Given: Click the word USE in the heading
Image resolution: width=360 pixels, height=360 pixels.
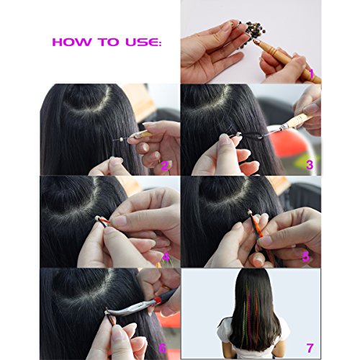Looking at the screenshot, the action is coord(142,42).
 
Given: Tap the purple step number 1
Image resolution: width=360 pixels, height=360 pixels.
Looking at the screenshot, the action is coord(312,74).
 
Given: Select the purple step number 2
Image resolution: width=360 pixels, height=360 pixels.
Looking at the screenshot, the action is coord(165,166).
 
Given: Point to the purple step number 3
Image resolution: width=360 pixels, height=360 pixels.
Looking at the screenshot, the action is coord(310,165).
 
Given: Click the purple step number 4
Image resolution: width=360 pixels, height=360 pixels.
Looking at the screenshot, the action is coord(166,257).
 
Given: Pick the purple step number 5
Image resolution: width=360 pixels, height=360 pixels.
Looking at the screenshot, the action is coord(306,257).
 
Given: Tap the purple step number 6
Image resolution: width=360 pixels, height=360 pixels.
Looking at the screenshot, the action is coord(163,348).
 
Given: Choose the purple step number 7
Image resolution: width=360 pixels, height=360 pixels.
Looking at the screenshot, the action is coord(310,348).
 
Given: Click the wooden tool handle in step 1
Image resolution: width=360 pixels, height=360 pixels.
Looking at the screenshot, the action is coord(288,59).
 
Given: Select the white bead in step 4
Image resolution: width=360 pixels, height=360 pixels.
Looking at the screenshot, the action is coord(97,218).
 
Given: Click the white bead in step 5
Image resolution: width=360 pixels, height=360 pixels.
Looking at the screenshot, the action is coord(251,212).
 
